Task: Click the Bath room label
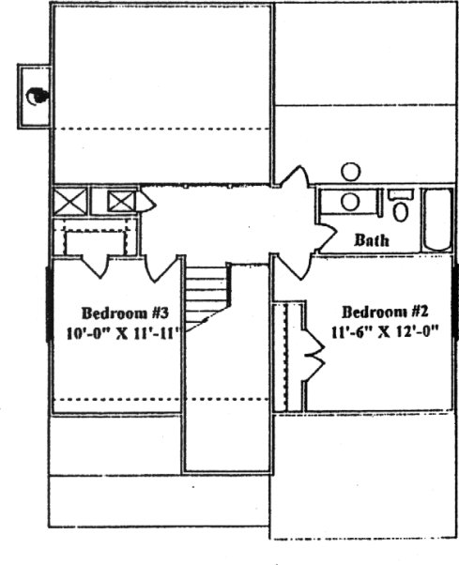pos(372,240)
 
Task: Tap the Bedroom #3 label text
pos(125,313)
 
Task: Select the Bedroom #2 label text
pos(385,312)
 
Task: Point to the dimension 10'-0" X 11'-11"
pos(123,333)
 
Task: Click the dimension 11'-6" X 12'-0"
pos(385,331)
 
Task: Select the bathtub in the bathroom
pos(437,219)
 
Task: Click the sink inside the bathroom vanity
pos(350,202)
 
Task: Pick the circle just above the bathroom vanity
pos(350,172)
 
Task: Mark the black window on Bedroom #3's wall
pos(50,304)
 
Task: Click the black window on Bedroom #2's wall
pos(456,301)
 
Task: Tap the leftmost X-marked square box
pos(69,201)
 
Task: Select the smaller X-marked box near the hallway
pos(122,202)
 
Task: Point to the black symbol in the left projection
pos(37,97)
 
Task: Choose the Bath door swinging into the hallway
pos(326,237)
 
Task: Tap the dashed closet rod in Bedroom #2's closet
pos(286,357)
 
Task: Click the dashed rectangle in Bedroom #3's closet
pos(96,242)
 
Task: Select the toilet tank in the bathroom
pos(400,195)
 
